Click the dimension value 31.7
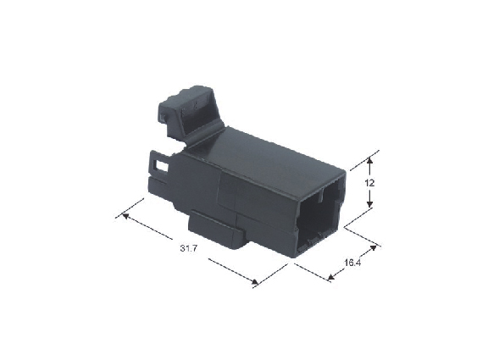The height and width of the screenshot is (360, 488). pos(189,248)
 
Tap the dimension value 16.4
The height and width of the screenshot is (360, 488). pos(352,263)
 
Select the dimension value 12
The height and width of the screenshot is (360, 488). pos(369,183)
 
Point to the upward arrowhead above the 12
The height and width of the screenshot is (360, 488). pos(369,161)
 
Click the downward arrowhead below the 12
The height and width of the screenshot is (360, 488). pos(369,204)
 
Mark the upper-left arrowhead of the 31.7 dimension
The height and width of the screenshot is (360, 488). pos(125,216)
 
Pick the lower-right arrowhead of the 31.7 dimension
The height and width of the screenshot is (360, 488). pos(255,281)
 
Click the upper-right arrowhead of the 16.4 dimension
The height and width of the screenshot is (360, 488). pos(373,248)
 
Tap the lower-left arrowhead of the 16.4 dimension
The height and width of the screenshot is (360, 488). pos(331,277)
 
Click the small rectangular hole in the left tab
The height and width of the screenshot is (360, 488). pos(162,166)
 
